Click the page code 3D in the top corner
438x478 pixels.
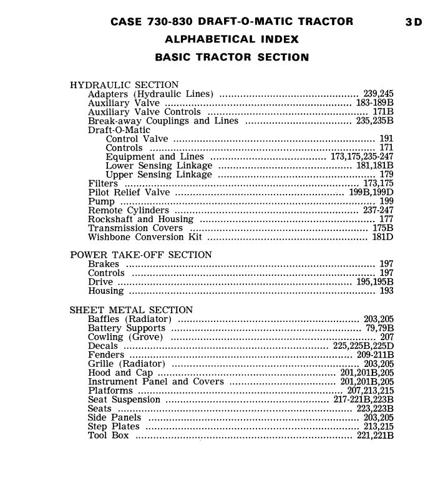(x=413, y=22)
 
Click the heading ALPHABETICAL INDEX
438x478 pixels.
(x=231, y=39)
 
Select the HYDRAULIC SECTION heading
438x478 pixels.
(x=124, y=85)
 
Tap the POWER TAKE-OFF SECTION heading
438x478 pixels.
(x=141, y=255)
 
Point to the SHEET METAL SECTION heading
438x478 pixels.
(x=132, y=310)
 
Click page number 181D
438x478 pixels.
(x=382, y=237)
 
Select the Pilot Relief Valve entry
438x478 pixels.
(x=129, y=193)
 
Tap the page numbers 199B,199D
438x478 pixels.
(x=371, y=193)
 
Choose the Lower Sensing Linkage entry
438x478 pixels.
(x=158, y=166)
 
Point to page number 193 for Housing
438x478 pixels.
(x=386, y=291)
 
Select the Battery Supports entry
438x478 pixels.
(x=127, y=328)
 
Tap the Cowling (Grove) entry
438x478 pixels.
(x=125, y=337)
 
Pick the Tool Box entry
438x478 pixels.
(x=109, y=436)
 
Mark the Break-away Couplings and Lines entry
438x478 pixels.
(x=163, y=121)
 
